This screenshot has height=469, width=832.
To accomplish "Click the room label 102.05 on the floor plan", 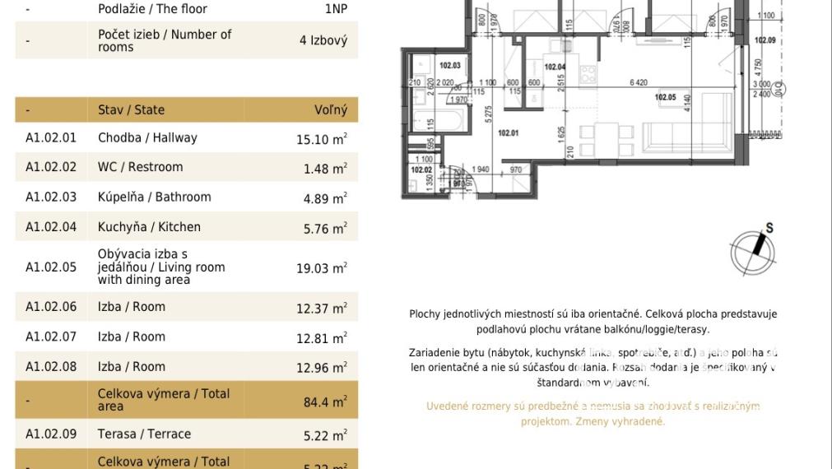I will pyautogui.click(x=665, y=98).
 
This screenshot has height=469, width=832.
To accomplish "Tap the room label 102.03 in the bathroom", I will pyautogui.click(x=449, y=66).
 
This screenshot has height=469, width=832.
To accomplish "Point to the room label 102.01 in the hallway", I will pyautogui.click(x=508, y=133).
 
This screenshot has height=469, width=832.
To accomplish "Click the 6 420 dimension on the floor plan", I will pyautogui.click(x=638, y=82).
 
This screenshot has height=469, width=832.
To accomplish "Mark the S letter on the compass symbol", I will pyautogui.click(x=769, y=229).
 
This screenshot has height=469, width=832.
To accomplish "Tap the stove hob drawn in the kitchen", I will pyautogui.click(x=588, y=74).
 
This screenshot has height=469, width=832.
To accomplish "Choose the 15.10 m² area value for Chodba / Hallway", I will pyautogui.click(x=321, y=139).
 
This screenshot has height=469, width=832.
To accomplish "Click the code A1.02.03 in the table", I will pyautogui.click(x=50, y=197).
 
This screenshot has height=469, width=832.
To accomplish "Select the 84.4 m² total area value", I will pyautogui.click(x=324, y=402).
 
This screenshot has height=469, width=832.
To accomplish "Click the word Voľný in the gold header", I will pyautogui.click(x=331, y=109).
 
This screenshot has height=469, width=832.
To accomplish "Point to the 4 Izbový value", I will pyautogui.click(x=323, y=40).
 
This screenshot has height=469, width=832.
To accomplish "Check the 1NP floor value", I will pyautogui.click(x=336, y=9).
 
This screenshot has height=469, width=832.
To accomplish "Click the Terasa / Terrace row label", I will pyautogui.click(x=144, y=434).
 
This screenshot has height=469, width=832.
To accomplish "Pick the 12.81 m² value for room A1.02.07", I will pyautogui.click(x=321, y=338).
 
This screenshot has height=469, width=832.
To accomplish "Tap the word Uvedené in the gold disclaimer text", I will pyautogui.click(x=449, y=406).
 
